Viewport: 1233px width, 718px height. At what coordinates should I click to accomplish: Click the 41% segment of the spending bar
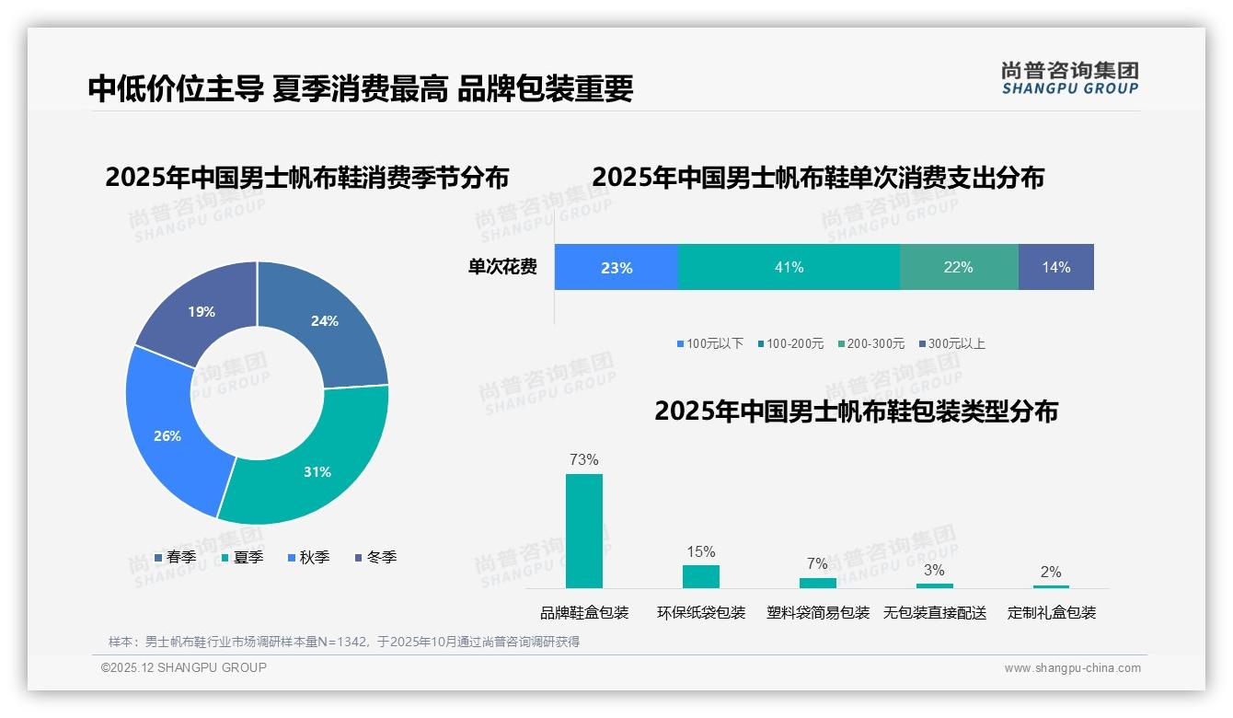(x=789, y=267)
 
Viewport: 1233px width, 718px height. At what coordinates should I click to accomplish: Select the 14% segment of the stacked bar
(x=1055, y=267)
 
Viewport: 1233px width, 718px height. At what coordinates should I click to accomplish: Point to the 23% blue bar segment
(x=616, y=267)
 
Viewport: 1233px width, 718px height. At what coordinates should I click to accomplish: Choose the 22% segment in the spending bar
(x=958, y=267)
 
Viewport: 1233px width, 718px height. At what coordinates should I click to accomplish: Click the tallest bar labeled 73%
(x=583, y=530)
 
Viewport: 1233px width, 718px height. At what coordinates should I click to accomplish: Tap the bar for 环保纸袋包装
(x=700, y=576)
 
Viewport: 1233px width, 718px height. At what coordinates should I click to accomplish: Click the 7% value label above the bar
(x=817, y=563)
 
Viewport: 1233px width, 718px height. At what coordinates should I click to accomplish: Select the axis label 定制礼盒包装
(x=1051, y=613)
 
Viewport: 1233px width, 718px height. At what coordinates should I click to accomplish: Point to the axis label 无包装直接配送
(x=934, y=613)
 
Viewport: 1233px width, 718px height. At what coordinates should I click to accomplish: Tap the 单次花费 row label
(x=502, y=267)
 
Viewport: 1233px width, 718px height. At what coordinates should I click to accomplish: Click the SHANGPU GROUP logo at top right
(x=1069, y=78)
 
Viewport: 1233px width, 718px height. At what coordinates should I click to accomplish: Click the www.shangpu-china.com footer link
(x=1072, y=668)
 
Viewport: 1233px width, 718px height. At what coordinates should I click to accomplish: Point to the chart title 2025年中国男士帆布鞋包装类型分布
(x=856, y=411)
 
